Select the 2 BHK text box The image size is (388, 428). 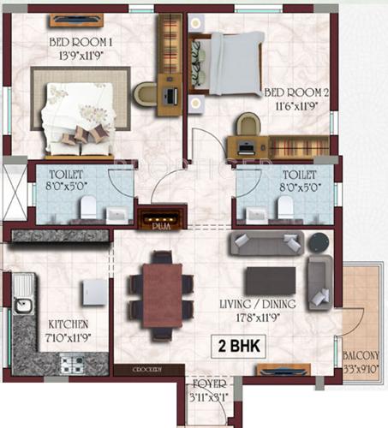click(x=242, y=346)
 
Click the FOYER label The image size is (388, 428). click(x=207, y=385)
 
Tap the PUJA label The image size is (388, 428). click(x=161, y=228)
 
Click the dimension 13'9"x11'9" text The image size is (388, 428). click(x=81, y=52)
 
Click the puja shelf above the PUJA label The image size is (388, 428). click(x=161, y=215)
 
